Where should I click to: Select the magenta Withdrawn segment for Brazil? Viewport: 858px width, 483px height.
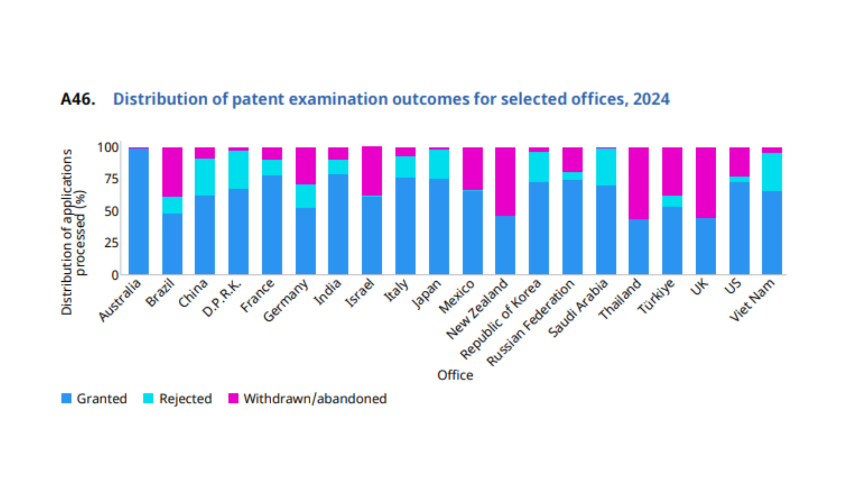[x=172, y=172]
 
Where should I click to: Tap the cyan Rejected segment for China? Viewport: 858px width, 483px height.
[x=205, y=177]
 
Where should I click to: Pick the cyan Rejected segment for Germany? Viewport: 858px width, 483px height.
[x=306, y=196]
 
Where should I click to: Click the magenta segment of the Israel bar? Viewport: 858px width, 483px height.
[x=372, y=171]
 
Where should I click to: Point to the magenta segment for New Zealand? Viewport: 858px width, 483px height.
[x=505, y=182]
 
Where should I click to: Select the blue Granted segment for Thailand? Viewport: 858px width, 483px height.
[x=639, y=246]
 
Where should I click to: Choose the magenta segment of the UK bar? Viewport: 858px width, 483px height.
[x=706, y=182]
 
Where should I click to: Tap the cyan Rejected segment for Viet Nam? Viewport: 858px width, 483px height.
[x=772, y=172]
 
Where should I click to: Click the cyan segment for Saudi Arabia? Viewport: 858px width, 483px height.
[x=606, y=167]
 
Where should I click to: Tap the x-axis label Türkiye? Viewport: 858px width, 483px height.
[x=656, y=296]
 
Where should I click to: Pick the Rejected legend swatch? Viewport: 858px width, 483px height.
[x=148, y=398]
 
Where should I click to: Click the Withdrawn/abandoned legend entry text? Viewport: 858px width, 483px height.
[x=315, y=398]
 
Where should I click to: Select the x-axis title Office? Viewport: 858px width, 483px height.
[x=455, y=375]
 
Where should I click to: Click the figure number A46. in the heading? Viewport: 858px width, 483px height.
[x=78, y=99]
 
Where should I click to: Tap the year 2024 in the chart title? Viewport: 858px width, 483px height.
[x=651, y=99]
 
